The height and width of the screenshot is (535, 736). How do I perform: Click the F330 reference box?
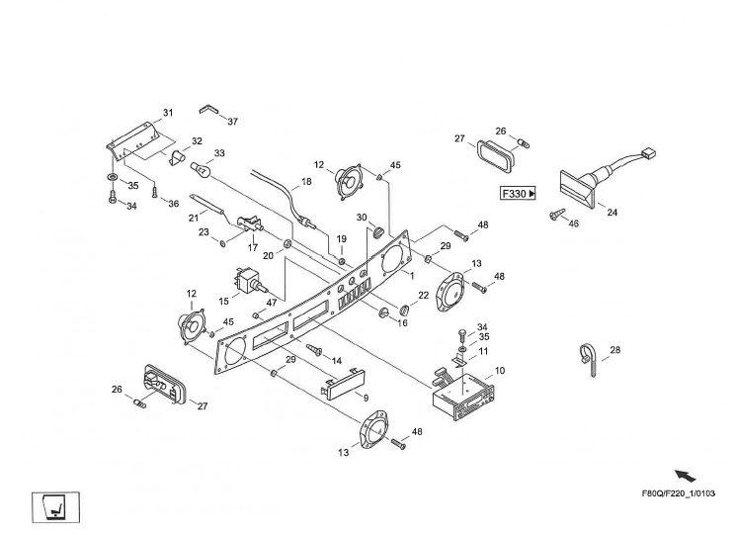518,194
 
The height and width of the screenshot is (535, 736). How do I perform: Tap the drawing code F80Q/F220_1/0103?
679,493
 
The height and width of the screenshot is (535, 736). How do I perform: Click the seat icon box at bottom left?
56,507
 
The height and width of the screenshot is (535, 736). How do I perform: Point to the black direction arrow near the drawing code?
686,476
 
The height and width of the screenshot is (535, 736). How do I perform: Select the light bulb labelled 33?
200,169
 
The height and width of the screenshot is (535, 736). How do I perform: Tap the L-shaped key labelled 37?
208,109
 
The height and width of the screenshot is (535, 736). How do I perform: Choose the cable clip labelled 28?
590,359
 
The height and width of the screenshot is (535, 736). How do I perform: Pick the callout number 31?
168,113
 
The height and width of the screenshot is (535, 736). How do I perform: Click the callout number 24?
613,213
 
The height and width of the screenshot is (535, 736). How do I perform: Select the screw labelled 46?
557,216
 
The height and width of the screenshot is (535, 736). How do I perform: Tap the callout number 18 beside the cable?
306,181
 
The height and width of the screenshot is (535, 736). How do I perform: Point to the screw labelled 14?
313,349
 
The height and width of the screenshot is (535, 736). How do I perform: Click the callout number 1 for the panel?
412,276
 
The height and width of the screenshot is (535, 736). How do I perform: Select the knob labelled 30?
378,231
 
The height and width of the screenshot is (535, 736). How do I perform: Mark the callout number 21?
194,218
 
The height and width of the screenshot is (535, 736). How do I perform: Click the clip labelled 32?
177,157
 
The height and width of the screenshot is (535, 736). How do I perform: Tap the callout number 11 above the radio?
483,351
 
